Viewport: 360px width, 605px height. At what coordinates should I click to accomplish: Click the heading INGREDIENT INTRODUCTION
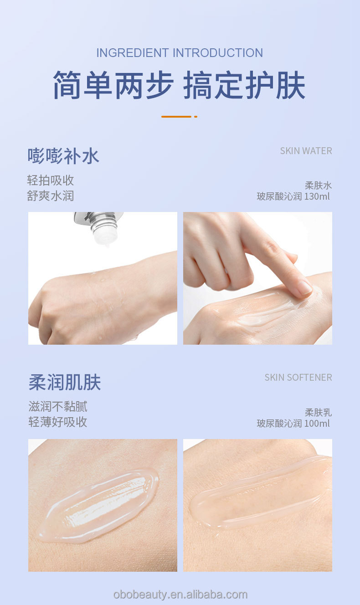[180, 53]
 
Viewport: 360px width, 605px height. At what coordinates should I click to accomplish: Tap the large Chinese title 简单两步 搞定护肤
[179, 85]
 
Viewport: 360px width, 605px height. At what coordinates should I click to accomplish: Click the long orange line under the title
[176, 117]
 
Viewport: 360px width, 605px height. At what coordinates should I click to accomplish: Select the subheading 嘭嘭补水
[63, 156]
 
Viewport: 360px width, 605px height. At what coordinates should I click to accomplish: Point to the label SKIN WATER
[306, 151]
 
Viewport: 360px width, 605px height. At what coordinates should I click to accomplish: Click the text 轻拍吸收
[51, 181]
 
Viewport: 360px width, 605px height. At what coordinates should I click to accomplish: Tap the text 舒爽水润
[51, 196]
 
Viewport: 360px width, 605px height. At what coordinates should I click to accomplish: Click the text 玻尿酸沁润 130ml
[293, 197]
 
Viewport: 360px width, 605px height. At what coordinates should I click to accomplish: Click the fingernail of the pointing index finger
[304, 287]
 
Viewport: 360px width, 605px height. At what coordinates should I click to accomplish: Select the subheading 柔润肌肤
[65, 383]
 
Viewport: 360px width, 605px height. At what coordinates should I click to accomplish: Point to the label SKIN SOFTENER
[298, 377]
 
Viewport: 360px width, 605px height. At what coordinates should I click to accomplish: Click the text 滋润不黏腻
[58, 406]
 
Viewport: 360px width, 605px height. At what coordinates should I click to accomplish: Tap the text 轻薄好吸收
[58, 422]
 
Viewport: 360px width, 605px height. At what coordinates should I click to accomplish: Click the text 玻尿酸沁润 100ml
[293, 424]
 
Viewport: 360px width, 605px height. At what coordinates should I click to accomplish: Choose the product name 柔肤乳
[318, 413]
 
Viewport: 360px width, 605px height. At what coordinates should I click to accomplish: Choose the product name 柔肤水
[318, 186]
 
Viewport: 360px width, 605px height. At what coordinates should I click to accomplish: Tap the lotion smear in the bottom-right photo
[260, 495]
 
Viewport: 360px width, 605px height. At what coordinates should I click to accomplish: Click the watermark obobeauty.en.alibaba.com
[180, 595]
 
